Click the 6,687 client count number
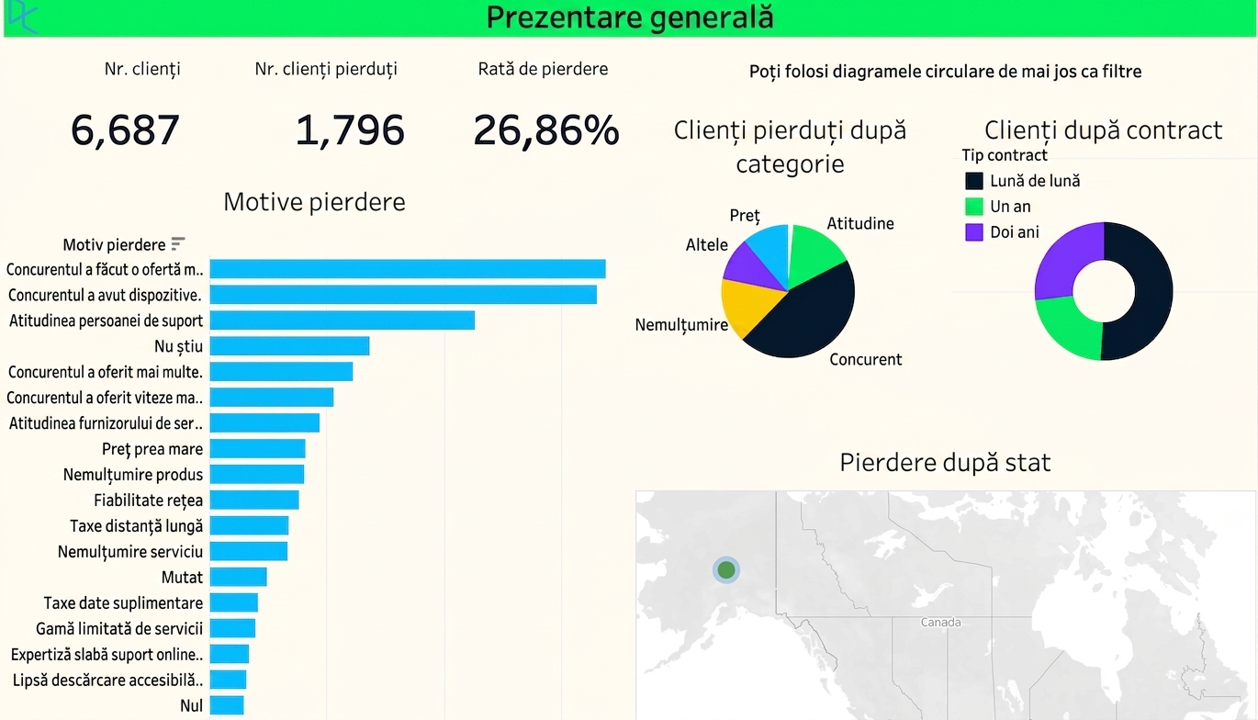[x=125, y=130]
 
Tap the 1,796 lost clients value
[x=350, y=130]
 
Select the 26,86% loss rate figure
[x=545, y=130]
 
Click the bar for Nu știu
[x=290, y=346]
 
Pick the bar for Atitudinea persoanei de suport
[x=343, y=321]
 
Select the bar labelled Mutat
[x=239, y=577]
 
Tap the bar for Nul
[x=227, y=705]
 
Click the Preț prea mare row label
[x=152, y=449]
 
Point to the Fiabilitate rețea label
[x=148, y=501]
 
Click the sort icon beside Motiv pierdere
[x=178, y=243]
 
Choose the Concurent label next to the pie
[x=865, y=359]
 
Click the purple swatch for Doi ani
[x=974, y=232]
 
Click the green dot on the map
[x=726, y=570]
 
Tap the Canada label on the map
[x=940, y=623]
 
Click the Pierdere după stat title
[x=945, y=463]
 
